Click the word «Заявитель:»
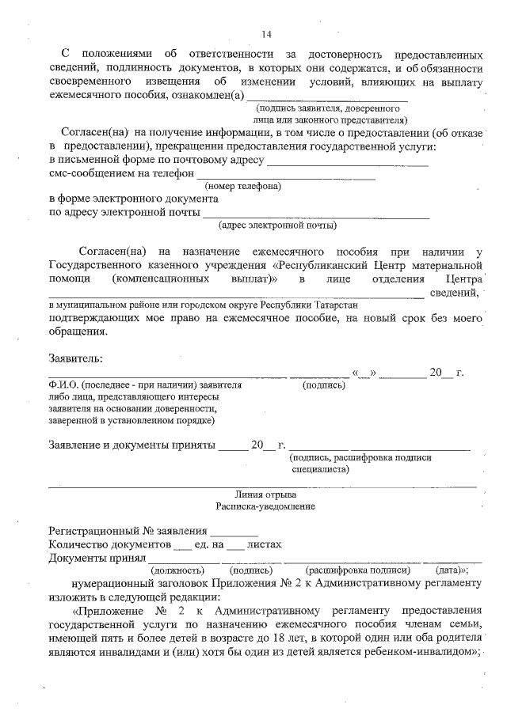coord(75,358)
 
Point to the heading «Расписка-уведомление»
coord(265,506)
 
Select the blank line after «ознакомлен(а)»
coord(328,98)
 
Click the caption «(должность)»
coord(177,570)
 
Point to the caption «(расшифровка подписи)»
coord(357,570)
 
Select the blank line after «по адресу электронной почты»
coord(317,215)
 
